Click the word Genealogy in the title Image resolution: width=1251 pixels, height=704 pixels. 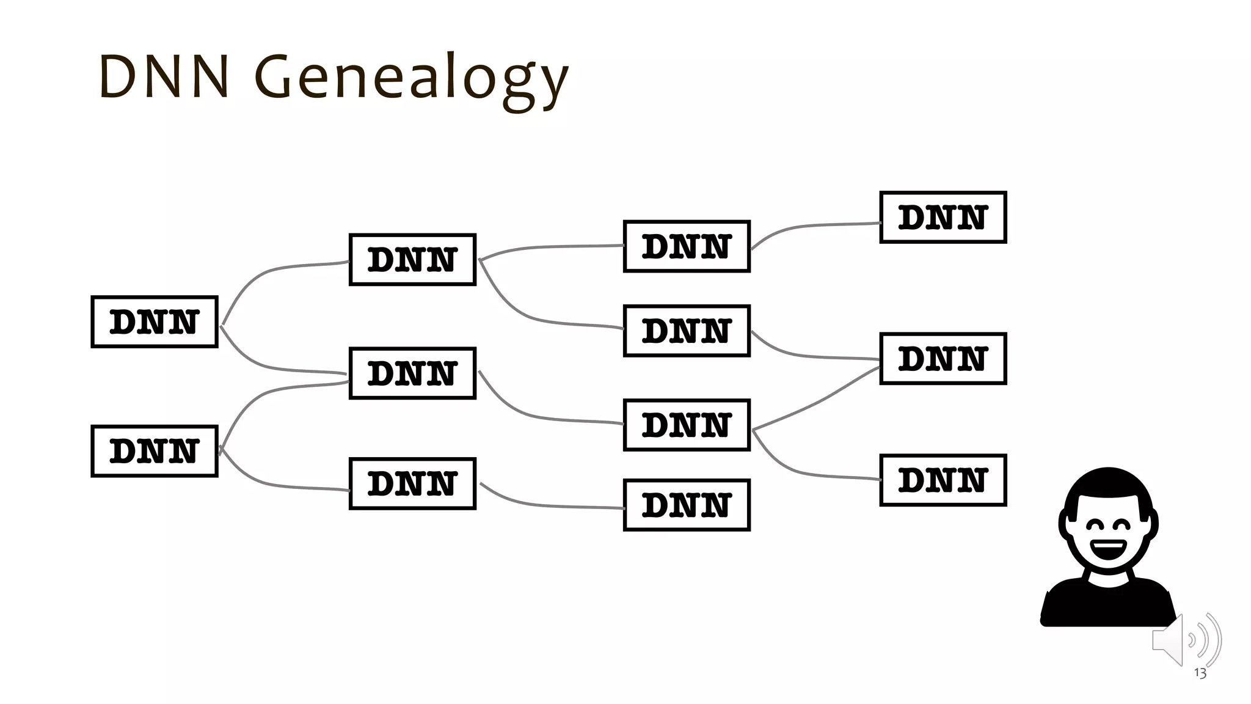coord(410,78)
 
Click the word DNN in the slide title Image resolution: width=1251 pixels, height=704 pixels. coord(164,77)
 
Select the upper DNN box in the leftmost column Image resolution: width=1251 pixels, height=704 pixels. coord(155,322)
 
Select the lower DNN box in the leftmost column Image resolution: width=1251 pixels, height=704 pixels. coord(155,451)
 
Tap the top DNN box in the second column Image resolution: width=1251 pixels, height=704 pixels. coord(412,260)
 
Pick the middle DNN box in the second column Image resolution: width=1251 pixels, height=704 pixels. coord(412,373)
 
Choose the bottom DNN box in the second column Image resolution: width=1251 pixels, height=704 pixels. coord(412,483)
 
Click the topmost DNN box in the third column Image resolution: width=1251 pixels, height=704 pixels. coord(687,246)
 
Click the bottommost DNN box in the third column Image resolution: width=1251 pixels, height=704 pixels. coord(687,505)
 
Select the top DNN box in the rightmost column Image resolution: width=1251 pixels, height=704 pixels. coord(943,218)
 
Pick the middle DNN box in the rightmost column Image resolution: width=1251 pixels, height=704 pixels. coord(943,359)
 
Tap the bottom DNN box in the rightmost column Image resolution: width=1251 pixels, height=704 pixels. coord(943,480)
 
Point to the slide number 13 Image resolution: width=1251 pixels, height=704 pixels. coord(1200,673)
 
